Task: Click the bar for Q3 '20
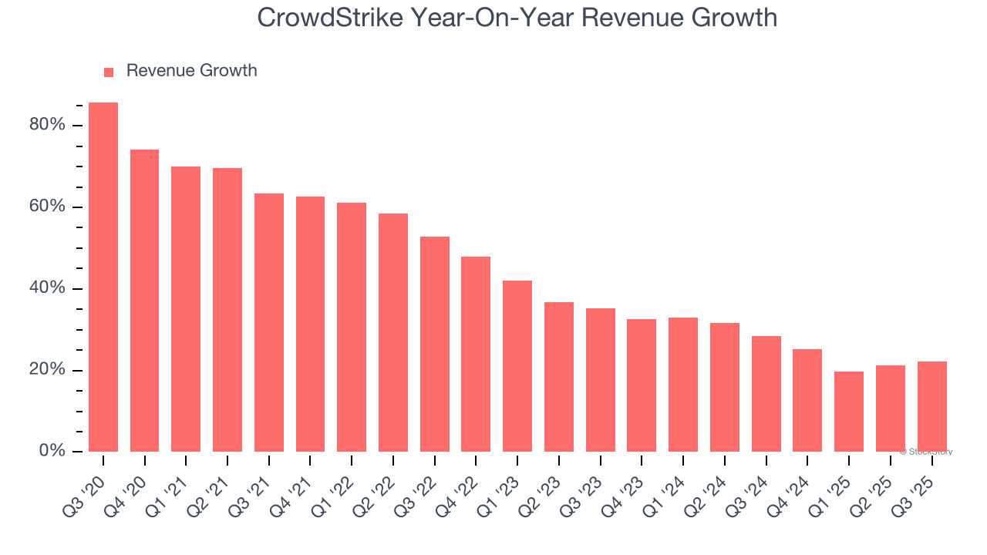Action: (103, 277)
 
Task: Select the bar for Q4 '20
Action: (144, 301)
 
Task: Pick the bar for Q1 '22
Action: (352, 327)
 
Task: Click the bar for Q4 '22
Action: (476, 354)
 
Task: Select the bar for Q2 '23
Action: (559, 377)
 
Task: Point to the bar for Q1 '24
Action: (683, 385)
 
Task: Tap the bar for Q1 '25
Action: (849, 412)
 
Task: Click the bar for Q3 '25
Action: (932, 406)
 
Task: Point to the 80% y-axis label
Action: (47, 125)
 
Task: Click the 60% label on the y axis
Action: (47, 207)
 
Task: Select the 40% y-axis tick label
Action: (47, 288)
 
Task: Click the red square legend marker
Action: (109, 72)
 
